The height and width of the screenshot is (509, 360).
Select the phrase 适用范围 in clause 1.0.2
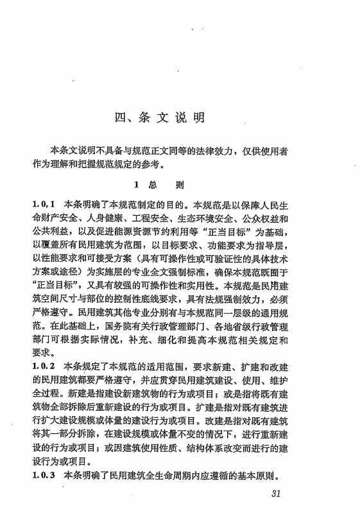coord(161,365)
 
